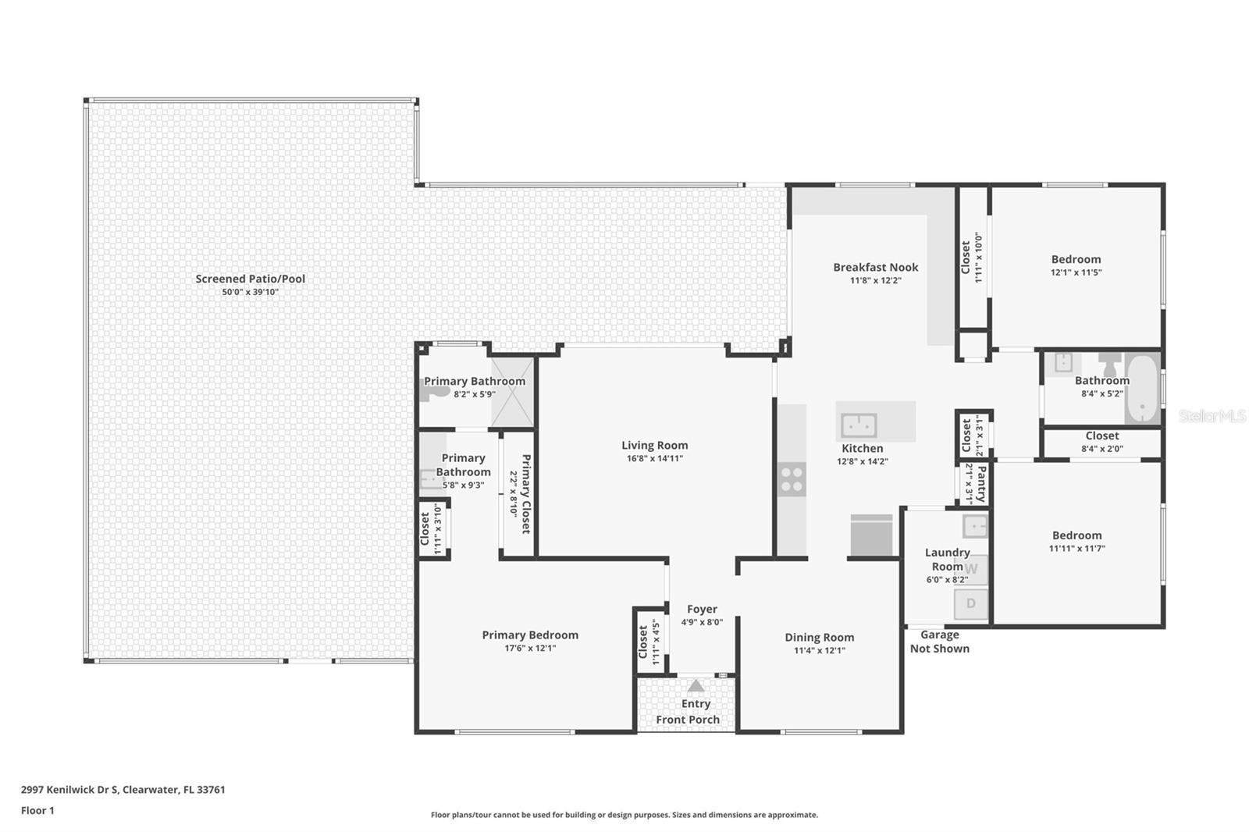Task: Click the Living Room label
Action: pyautogui.click(x=654, y=446)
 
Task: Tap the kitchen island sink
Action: pyautogui.click(x=859, y=425)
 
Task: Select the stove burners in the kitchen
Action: pyautogui.click(x=792, y=478)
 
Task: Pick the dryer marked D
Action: pyautogui.click(x=971, y=603)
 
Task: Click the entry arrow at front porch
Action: pyautogui.click(x=696, y=686)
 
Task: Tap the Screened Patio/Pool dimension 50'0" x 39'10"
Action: pyautogui.click(x=250, y=292)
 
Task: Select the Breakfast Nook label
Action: pyautogui.click(x=875, y=267)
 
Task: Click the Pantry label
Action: pyautogui.click(x=981, y=484)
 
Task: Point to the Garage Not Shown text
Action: pyautogui.click(x=939, y=642)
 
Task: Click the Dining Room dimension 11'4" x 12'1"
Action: pyautogui.click(x=820, y=650)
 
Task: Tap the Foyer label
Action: pyautogui.click(x=702, y=609)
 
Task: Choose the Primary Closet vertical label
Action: pyautogui.click(x=526, y=494)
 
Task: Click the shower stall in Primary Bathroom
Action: pyautogui.click(x=512, y=391)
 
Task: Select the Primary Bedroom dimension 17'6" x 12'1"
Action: pyautogui.click(x=530, y=648)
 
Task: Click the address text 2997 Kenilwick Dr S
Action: pyautogui.click(x=70, y=789)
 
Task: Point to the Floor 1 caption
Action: pyautogui.click(x=37, y=810)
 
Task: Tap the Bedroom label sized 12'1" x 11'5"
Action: pyautogui.click(x=1076, y=259)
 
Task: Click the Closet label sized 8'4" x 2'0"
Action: pyautogui.click(x=1101, y=436)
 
